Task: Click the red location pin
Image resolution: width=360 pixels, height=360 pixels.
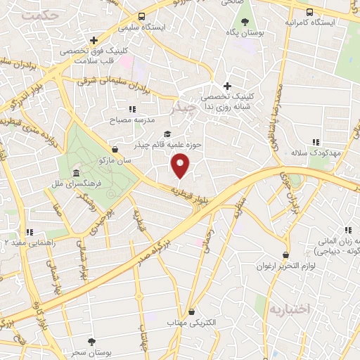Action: tap(181, 166)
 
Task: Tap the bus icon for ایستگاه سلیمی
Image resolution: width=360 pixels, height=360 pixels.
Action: tap(141, 17)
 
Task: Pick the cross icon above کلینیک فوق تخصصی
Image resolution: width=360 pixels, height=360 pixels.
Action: tap(94, 40)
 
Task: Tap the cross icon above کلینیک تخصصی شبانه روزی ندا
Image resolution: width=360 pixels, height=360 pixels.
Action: tap(227, 85)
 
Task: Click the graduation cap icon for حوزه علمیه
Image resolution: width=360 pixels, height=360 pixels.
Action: tap(167, 134)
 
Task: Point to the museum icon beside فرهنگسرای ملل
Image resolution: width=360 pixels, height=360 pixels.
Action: tap(76, 174)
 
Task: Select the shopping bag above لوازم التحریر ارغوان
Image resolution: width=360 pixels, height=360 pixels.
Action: tap(285, 255)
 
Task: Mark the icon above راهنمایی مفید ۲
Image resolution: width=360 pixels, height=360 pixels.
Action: tap(29, 231)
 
